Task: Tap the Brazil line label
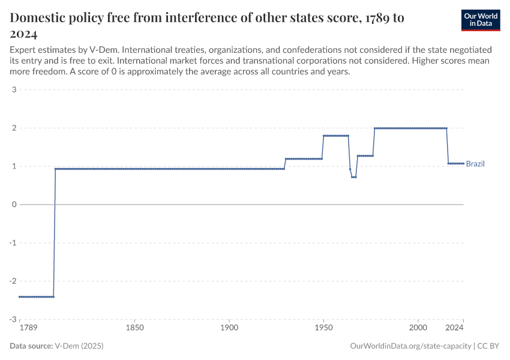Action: (475, 164)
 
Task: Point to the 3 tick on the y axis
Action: (14, 90)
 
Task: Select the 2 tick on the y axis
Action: (14, 128)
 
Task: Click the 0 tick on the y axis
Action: (14, 205)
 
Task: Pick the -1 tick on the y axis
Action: (13, 242)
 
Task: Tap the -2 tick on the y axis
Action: (13, 281)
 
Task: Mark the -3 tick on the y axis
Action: (13, 319)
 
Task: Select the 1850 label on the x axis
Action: (135, 328)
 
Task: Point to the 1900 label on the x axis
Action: (229, 328)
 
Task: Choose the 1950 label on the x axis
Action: (323, 328)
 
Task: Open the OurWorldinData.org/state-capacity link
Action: (410, 346)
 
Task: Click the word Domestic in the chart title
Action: (38, 18)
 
